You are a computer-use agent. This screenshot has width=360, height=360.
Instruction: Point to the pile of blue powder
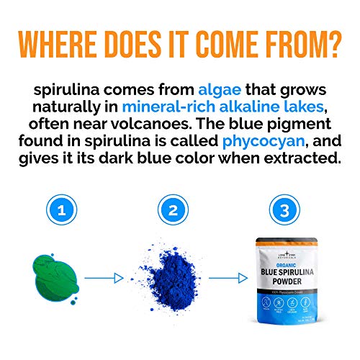(x=174, y=278)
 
